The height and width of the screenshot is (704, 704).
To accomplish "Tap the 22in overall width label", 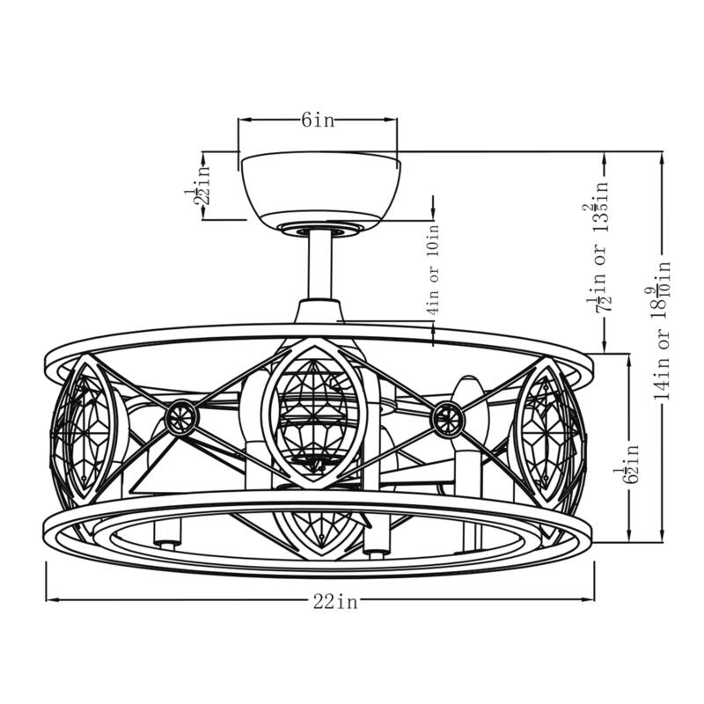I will click(335, 602).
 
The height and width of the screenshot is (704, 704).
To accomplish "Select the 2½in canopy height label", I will click(202, 186).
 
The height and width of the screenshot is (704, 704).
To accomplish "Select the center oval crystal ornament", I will click(314, 414).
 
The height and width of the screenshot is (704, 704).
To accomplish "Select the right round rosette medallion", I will click(448, 419).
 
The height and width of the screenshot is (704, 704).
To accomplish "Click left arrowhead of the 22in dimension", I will click(49, 600).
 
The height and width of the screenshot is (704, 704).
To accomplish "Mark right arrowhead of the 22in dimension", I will click(593, 600).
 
